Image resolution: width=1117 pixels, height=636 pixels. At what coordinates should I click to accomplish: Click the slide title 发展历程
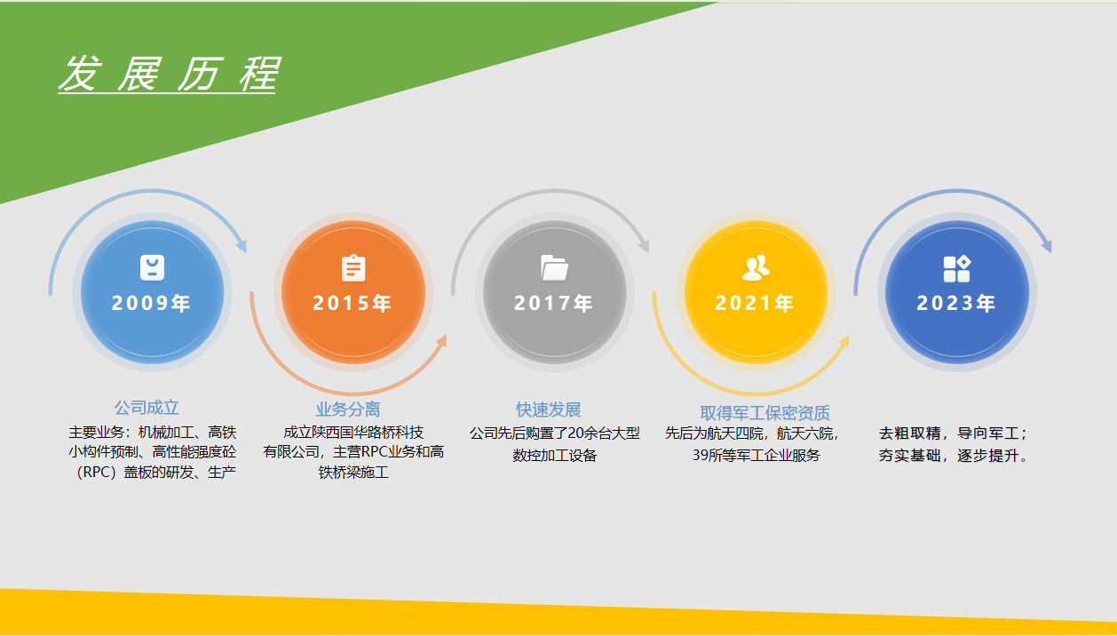pyautogui.click(x=168, y=74)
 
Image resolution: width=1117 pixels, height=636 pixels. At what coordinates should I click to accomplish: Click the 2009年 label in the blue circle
pyautogui.click(x=152, y=303)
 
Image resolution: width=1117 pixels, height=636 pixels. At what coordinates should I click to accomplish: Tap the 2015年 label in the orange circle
pyautogui.click(x=353, y=303)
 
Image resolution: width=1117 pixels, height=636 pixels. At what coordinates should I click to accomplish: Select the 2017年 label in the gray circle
pyautogui.click(x=554, y=303)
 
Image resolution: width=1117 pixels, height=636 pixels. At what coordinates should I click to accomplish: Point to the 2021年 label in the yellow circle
pyautogui.click(x=755, y=303)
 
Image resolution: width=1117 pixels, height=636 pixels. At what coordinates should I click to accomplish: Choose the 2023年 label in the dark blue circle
pyautogui.click(x=956, y=303)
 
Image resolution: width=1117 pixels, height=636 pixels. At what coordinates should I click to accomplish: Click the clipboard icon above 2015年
pyautogui.click(x=353, y=268)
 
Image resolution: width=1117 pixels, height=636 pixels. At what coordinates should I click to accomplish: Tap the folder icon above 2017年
pyautogui.click(x=555, y=267)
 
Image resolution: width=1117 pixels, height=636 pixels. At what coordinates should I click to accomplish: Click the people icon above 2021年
pyautogui.click(x=756, y=267)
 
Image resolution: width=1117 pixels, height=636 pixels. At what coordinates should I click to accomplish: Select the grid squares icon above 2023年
pyautogui.click(x=956, y=268)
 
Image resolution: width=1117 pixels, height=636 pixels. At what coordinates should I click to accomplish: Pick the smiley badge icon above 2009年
pyautogui.click(x=153, y=267)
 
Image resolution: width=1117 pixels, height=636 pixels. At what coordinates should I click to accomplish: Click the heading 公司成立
pyautogui.click(x=147, y=408)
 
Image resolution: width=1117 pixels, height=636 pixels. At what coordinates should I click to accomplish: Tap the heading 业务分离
pyautogui.click(x=348, y=409)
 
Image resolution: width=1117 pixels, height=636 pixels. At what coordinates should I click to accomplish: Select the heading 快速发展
pyautogui.click(x=549, y=409)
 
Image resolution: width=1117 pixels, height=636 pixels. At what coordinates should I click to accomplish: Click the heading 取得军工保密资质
pyautogui.click(x=764, y=413)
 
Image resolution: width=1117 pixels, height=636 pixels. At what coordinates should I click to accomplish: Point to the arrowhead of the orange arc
pyautogui.click(x=441, y=341)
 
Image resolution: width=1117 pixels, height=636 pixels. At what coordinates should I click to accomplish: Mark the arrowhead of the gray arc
pyautogui.click(x=645, y=245)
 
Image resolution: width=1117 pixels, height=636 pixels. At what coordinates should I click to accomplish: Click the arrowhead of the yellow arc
pyautogui.click(x=844, y=341)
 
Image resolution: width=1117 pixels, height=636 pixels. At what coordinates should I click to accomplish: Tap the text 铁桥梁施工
pyautogui.click(x=353, y=473)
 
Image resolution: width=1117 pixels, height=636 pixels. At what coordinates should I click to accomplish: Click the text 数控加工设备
pyautogui.click(x=555, y=456)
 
